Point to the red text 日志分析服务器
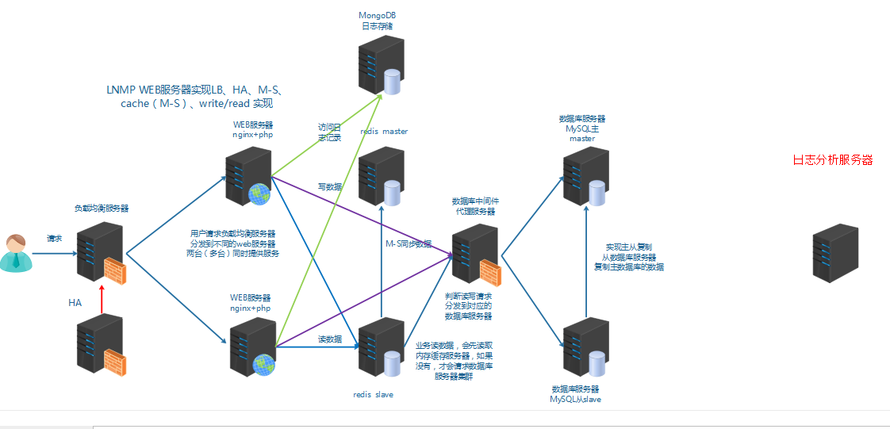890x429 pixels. click(832, 160)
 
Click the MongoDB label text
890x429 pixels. click(378, 15)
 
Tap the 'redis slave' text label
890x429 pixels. click(373, 394)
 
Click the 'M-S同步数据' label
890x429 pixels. click(409, 243)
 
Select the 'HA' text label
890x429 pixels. click(75, 303)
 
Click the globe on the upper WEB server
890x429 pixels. click(259, 192)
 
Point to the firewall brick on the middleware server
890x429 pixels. click(490, 272)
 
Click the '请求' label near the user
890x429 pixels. click(54, 238)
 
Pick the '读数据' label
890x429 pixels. click(330, 339)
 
